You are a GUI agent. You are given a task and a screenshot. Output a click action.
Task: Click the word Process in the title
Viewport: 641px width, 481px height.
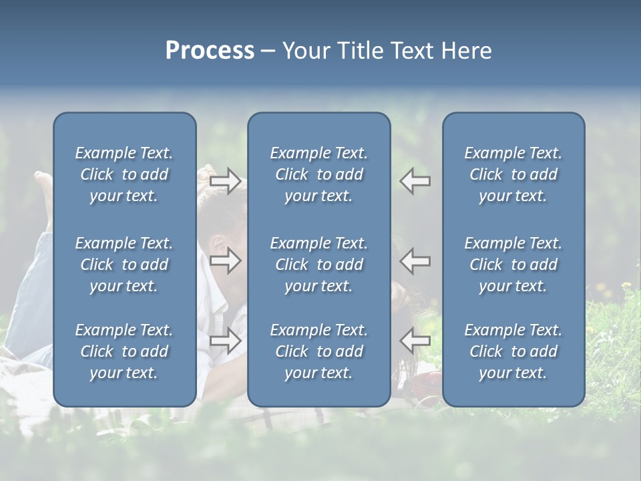click(x=210, y=51)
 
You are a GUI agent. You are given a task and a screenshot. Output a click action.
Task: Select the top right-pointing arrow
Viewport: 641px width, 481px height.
click(x=225, y=181)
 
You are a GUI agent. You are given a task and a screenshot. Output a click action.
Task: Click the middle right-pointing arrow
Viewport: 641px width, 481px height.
click(x=225, y=261)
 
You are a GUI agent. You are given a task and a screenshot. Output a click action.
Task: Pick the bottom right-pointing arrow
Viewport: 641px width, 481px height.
click(x=225, y=341)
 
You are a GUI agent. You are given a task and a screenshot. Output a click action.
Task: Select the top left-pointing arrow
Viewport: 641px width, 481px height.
click(x=415, y=181)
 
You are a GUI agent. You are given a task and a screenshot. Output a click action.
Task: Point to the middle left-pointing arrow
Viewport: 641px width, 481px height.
click(x=415, y=261)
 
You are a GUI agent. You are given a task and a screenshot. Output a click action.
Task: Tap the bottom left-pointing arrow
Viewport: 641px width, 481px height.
click(x=415, y=341)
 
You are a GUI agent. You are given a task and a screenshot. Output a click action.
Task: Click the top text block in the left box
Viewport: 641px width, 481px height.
click(x=124, y=174)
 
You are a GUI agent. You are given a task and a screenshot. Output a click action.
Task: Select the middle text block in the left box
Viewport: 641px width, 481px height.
click(x=124, y=265)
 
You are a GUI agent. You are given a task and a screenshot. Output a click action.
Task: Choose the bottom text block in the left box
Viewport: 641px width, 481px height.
click(x=124, y=351)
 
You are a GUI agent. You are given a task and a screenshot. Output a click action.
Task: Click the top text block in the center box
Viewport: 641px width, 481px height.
click(x=318, y=174)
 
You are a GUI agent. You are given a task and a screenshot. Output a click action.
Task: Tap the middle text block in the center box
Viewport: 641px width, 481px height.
click(x=318, y=265)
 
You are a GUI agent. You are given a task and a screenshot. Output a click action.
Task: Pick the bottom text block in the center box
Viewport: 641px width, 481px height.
click(x=318, y=351)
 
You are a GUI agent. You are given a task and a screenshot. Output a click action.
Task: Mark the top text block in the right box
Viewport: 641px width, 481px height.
click(x=513, y=174)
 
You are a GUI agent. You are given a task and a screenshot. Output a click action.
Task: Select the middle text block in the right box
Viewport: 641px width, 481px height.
click(x=513, y=265)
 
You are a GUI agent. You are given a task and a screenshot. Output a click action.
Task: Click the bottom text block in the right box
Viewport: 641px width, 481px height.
click(x=513, y=351)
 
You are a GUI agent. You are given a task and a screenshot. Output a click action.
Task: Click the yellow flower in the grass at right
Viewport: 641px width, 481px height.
click(x=626, y=286)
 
